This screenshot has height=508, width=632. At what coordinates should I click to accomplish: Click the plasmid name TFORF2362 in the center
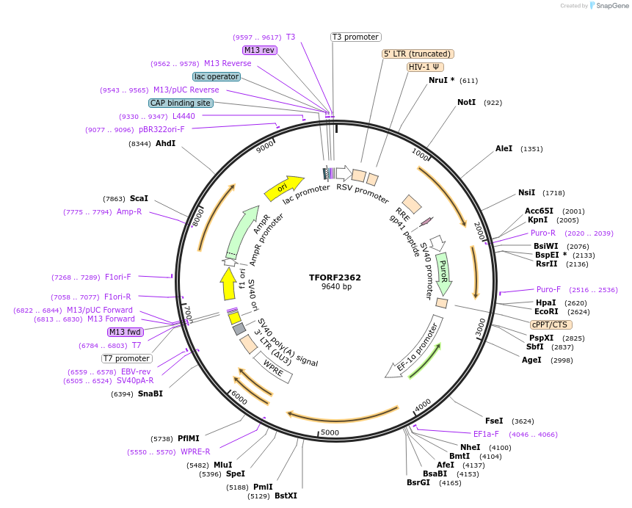335,277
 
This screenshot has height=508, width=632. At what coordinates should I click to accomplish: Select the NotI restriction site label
466,102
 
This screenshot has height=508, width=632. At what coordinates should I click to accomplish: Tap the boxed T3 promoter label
355,37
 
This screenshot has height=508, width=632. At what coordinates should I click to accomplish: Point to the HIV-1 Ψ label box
425,67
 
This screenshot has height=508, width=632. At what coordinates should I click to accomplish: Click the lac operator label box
217,76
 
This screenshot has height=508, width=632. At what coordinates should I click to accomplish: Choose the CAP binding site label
181,104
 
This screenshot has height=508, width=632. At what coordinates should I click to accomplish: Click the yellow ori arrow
283,188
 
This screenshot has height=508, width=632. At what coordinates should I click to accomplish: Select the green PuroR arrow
443,272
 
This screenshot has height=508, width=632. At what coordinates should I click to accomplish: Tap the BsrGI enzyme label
418,482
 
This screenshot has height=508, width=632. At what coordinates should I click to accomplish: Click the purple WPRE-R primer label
195,451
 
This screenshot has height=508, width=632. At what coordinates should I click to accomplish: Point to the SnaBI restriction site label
150,393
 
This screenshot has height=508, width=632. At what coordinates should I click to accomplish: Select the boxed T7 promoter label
126,359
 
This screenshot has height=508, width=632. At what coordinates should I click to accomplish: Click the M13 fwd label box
125,332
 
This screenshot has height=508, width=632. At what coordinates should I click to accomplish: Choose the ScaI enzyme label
139,198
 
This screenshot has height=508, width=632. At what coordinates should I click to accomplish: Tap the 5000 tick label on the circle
330,432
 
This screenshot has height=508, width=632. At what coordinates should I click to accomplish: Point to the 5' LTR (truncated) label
418,54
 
